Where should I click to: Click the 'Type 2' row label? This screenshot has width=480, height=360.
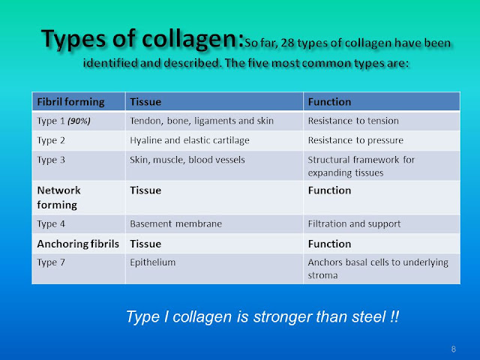pos(49,139)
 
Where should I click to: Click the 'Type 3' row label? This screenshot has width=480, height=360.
pos(49,159)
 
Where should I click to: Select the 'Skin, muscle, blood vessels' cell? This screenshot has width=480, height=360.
pos(181,159)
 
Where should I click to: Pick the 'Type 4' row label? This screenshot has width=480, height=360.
pos(49,223)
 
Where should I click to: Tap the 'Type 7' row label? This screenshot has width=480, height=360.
pos(49,262)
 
